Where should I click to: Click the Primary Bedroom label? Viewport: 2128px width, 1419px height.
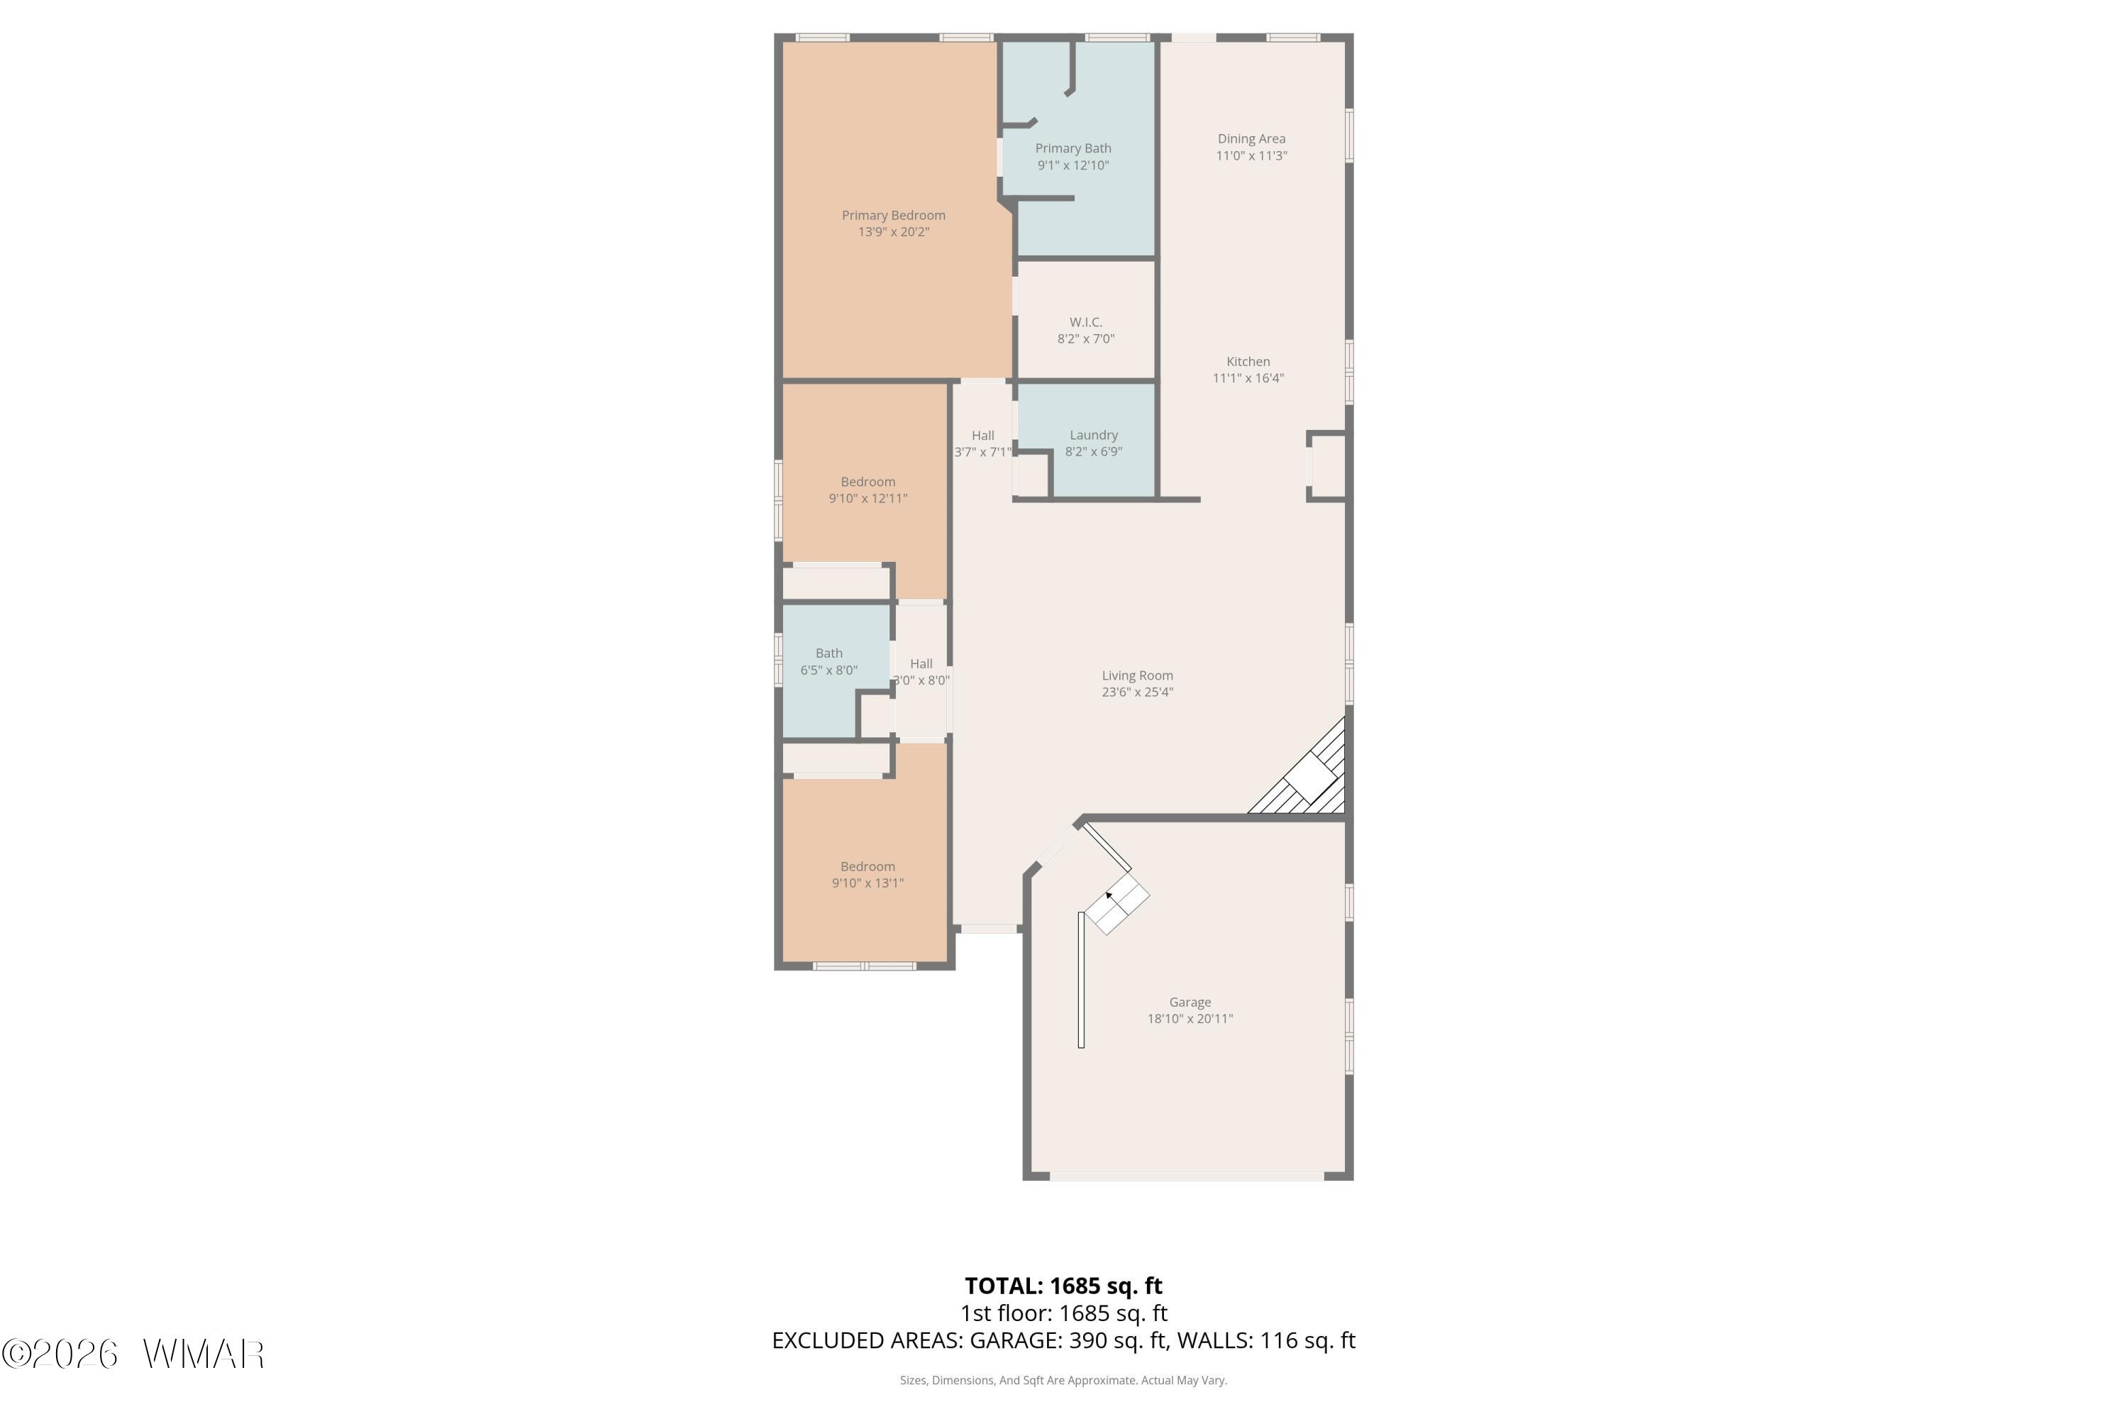[x=893, y=216]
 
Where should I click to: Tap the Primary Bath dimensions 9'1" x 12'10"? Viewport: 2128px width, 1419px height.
[x=1073, y=165]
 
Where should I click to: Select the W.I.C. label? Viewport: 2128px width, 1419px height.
[x=1086, y=322]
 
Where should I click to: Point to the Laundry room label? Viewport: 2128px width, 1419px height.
[x=1094, y=436]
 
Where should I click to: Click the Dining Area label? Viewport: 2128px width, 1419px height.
[x=1251, y=138]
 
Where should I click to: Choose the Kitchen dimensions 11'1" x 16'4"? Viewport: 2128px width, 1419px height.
[x=1248, y=378]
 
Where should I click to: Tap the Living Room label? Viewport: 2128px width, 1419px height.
[x=1137, y=675]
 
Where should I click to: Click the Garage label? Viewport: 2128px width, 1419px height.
[x=1190, y=1002]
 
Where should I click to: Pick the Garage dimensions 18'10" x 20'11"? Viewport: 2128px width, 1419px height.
[x=1190, y=1018]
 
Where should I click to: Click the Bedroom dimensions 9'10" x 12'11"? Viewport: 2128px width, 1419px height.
[x=868, y=499]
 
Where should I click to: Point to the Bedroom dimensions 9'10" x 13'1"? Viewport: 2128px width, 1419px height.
[x=868, y=883]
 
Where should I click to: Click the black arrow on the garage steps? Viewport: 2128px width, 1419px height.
[x=1110, y=897]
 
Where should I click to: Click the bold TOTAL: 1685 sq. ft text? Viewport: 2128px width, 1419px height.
[x=1063, y=1286]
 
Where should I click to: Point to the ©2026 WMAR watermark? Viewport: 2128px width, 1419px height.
[x=133, y=1354]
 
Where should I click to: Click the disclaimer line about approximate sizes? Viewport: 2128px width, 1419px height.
[x=1063, y=1380]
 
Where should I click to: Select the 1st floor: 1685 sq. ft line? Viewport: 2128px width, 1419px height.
[x=1063, y=1313]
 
